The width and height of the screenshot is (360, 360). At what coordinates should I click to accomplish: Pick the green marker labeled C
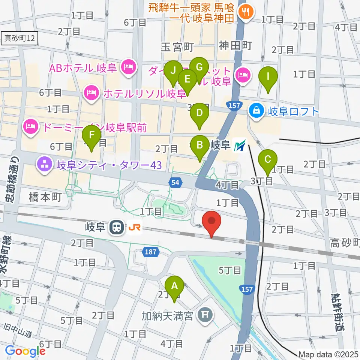tap(268, 162)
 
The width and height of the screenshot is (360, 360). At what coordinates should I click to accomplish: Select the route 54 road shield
tap(176, 183)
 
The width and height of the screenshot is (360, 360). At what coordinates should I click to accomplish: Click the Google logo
tap(25, 351)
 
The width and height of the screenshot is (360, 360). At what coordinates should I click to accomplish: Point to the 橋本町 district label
tap(45, 198)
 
